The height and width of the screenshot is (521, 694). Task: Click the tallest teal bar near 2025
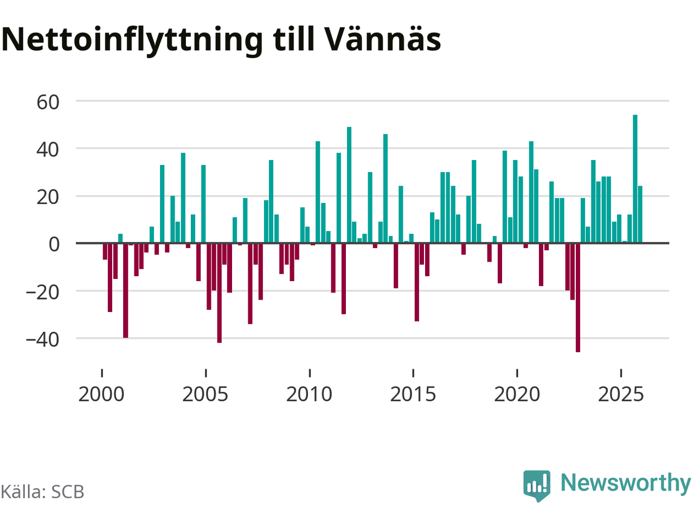tap(635, 179)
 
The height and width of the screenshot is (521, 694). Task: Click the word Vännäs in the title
tap(383, 39)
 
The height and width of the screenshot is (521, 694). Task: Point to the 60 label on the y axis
tap(48, 101)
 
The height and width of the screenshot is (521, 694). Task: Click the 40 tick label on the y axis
tap(48, 149)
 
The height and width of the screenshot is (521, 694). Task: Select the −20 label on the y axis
tap(42, 291)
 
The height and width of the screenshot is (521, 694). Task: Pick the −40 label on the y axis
tap(42, 339)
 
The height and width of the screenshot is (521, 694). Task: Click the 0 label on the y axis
tap(54, 244)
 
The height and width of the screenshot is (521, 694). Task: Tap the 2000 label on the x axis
tap(101, 394)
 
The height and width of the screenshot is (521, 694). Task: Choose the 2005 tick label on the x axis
tap(205, 394)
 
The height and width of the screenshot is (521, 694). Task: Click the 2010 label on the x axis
tap(309, 394)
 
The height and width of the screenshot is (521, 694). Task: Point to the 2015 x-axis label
tap(413, 394)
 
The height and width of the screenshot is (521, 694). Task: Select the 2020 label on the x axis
tap(517, 394)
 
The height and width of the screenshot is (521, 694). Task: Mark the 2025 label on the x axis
tap(621, 394)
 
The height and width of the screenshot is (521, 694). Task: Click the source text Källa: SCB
tap(42, 492)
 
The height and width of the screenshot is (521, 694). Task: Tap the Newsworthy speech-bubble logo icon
tap(537, 485)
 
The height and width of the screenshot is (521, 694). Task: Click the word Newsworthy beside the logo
tap(625, 483)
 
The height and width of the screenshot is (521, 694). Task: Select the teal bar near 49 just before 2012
tap(349, 185)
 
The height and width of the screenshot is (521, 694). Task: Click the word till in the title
tap(294, 39)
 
